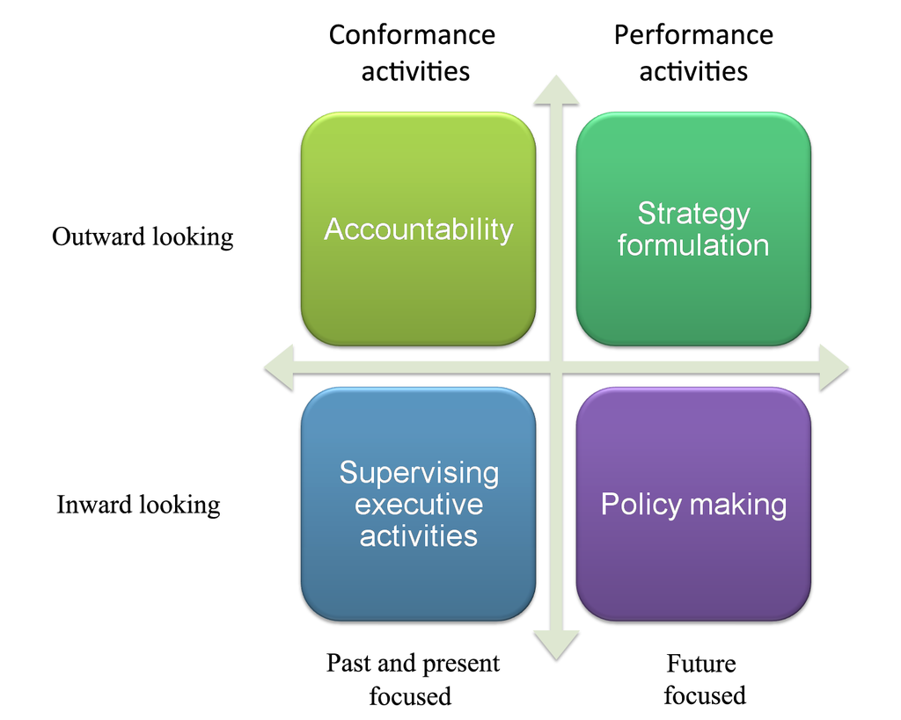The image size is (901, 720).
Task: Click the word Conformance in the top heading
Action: click(x=412, y=35)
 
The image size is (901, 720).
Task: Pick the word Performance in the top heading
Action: click(x=693, y=35)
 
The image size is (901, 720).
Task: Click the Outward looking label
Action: click(x=143, y=237)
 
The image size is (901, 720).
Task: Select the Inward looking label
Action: click(x=138, y=505)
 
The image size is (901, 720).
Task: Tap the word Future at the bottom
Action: click(x=701, y=663)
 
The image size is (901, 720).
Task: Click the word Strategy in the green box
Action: click(x=693, y=214)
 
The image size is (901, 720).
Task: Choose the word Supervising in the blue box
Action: click(x=419, y=473)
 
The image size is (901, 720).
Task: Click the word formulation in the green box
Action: click(x=693, y=245)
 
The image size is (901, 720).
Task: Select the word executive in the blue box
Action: click(x=419, y=505)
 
